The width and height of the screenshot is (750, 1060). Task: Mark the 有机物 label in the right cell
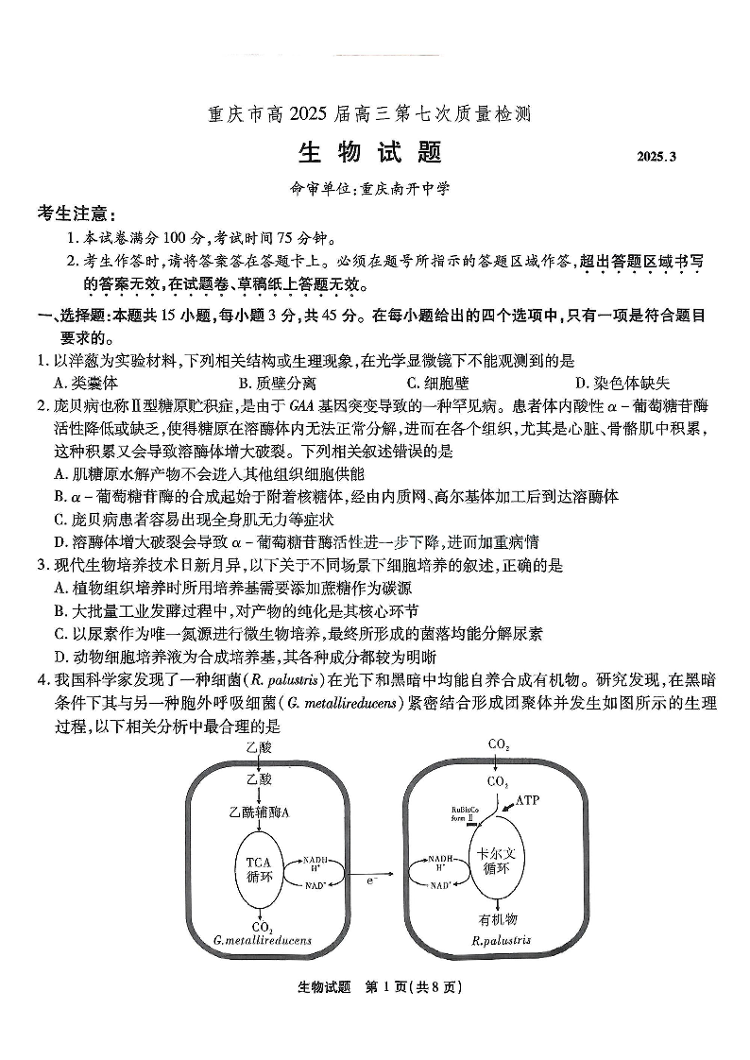tap(498, 918)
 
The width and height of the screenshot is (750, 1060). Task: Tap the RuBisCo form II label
tap(463, 814)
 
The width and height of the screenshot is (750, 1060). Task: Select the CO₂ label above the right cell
tap(499, 744)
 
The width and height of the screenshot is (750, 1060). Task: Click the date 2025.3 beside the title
tap(656, 156)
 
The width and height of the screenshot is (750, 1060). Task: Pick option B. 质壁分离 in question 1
tap(264, 383)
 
